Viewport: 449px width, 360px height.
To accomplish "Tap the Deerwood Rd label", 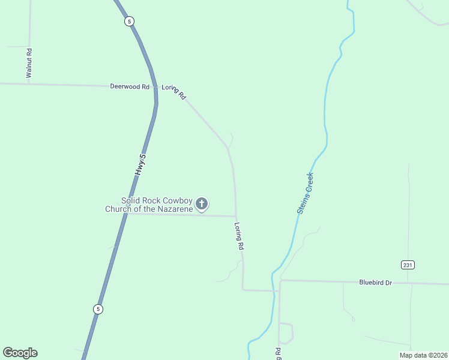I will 129,86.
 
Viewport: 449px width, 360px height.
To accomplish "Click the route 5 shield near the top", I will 130,21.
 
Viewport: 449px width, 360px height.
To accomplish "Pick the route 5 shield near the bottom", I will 98,309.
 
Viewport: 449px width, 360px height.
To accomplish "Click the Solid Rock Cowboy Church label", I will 157,205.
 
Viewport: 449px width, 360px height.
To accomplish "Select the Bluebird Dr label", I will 375,282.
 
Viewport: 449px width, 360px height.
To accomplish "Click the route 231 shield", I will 408,265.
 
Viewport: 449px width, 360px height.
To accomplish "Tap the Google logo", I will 20,353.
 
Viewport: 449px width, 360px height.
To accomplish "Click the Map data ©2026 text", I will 423,355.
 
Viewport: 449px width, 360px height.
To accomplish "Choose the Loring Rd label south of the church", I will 239,236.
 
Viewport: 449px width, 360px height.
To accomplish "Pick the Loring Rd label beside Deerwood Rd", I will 175,91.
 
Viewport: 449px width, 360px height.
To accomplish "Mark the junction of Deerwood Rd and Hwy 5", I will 156,87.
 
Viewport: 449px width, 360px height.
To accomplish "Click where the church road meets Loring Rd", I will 235,216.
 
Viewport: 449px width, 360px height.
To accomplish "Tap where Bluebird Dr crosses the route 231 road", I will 412,283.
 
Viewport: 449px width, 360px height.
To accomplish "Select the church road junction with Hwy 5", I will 125,214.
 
